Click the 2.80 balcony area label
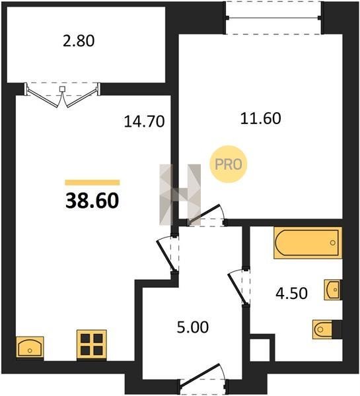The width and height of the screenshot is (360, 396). coord(79,41)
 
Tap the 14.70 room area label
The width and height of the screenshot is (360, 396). coord(145,121)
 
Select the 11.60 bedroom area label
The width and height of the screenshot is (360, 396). coord(260,118)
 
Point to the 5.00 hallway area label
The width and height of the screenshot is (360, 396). coord(193,327)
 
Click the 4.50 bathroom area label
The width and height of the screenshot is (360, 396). coord(291,293)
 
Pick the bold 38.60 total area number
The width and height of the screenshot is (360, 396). coord(92,201)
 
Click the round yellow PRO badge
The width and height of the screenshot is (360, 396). coord(229,164)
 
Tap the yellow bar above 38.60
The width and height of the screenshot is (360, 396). coord(92,182)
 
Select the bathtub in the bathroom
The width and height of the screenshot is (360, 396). coord(308,243)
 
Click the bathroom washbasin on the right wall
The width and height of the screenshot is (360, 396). coord(333,290)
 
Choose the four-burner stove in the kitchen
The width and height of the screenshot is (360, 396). coord(92,345)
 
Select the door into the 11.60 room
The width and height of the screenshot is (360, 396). coord(206,215)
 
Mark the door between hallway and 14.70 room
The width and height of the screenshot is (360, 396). coord(168,254)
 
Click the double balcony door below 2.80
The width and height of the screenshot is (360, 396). coord(62,95)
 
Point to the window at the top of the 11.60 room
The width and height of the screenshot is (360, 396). coord(273,18)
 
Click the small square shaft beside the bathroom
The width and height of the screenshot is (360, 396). coord(260,350)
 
